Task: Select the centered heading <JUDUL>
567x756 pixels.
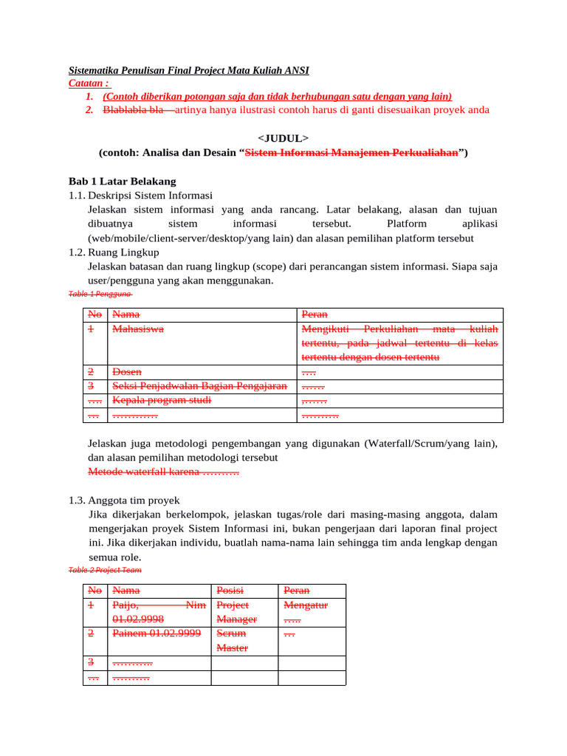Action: point(283,139)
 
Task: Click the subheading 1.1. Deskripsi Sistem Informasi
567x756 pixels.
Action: point(140,195)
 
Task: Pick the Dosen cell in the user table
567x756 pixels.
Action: point(126,372)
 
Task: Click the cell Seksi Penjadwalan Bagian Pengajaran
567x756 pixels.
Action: point(199,386)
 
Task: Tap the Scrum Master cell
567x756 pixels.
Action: point(232,641)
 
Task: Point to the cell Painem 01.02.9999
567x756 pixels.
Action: point(156,633)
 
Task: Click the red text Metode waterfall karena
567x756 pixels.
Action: point(163,471)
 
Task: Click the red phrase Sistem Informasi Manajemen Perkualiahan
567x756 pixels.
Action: point(351,153)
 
